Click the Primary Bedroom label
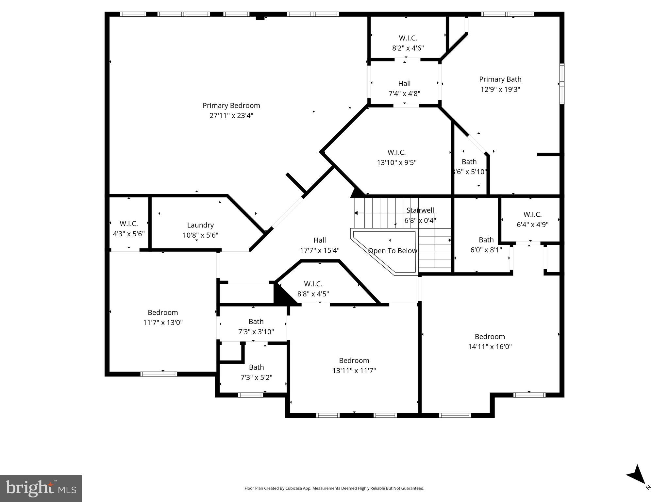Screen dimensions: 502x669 pos(231,106)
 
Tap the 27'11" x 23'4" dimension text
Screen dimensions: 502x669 pos(231,116)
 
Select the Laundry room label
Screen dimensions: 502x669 pos(200,225)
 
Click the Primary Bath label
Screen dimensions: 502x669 pos(500,79)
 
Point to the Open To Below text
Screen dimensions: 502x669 pos(392,251)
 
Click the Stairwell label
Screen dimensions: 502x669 pos(420,210)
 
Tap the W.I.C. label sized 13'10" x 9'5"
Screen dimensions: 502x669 pos(396,153)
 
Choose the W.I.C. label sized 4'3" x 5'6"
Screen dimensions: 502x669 pos(128,224)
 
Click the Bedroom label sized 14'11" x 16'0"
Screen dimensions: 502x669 pos(490,337)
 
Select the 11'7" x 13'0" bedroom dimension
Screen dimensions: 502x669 pos(163,323)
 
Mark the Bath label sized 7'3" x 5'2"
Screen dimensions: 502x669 pos(256,367)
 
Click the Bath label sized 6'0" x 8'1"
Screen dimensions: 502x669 pos(486,240)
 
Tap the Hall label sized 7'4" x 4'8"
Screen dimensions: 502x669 pos(404,84)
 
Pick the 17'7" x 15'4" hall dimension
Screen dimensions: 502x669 pos(320,251)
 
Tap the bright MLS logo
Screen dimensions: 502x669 pos(41,488)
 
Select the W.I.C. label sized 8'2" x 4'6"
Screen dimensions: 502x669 pos(408,38)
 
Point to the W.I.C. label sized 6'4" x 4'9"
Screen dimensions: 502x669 pos(532,215)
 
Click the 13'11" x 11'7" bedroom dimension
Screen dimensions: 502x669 pos(354,371)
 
